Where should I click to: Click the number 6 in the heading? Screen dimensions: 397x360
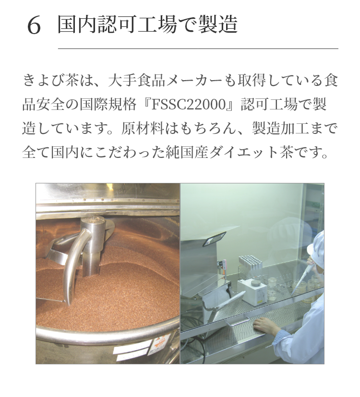click(34, 25)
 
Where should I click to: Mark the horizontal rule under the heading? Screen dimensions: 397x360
click(198, 48)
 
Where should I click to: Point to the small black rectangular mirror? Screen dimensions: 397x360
click(214, 239)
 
